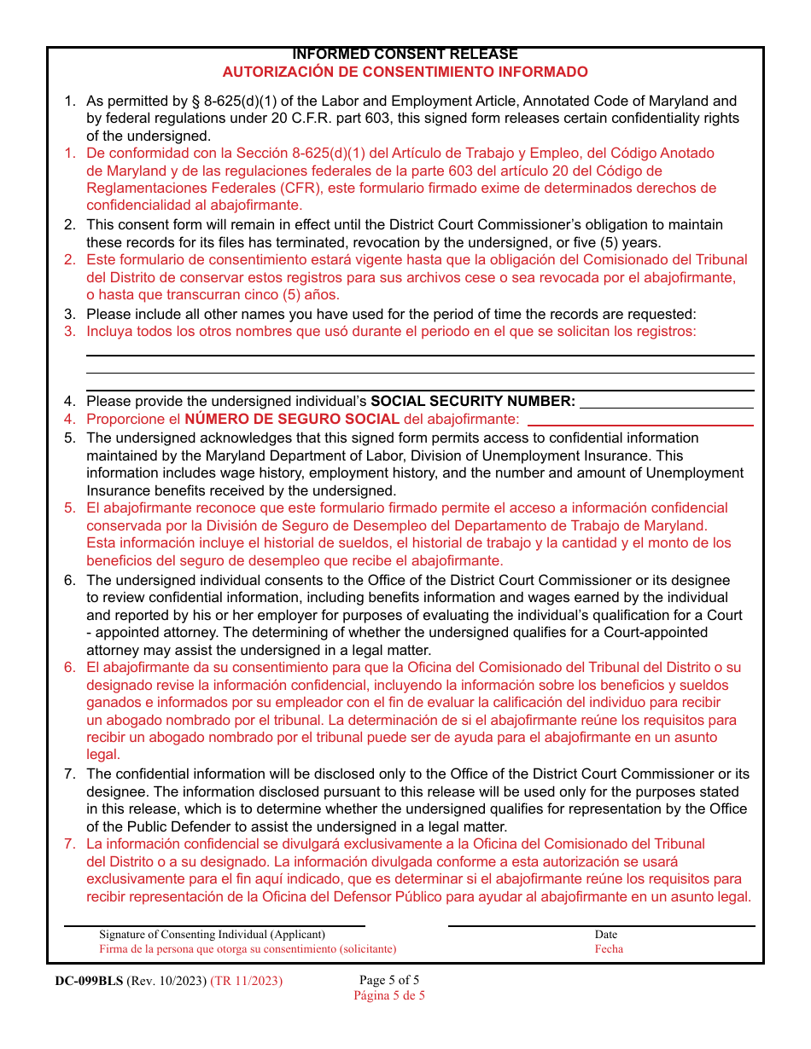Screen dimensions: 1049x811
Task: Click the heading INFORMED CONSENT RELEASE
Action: (405, 55)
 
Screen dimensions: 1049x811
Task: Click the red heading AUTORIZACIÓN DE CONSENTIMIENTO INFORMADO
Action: (405, 72)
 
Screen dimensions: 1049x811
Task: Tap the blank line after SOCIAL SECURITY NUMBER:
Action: (666, 409)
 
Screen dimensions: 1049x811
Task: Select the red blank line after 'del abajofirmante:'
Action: (640, 424)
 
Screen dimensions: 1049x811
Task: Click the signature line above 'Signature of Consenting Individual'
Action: (215, 925)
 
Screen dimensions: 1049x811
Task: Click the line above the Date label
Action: (602, 925)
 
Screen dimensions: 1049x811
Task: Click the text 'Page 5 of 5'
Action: (389, 980)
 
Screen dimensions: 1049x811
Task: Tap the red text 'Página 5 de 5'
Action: (389, 995)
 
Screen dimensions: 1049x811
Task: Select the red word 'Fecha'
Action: (609, 948)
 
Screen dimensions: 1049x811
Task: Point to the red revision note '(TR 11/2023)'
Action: (246, 981)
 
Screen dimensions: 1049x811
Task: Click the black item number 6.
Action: (70, 580)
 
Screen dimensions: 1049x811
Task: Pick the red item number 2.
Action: (70, 259)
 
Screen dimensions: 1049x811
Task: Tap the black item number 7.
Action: (70, 774)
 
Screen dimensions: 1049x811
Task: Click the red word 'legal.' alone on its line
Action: (103, 755)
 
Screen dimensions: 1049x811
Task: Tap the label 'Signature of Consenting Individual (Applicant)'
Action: (212, 935)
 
